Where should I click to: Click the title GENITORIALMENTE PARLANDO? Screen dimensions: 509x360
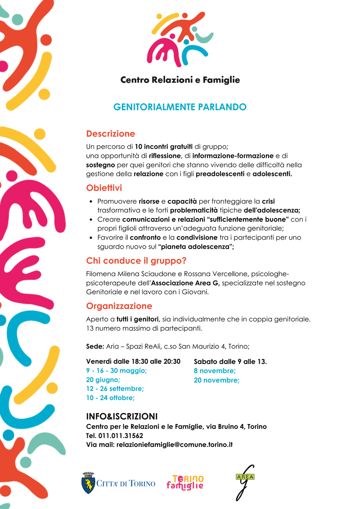tap(180, 107)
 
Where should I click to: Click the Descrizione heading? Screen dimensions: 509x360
tap(110, 134)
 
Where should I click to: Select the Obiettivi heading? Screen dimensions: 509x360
tap(104, 188)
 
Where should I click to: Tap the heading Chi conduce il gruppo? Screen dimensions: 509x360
tap(136, 261)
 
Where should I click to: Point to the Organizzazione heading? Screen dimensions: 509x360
tap(119, 306)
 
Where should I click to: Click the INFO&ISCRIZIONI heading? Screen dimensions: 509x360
tap(121, 416)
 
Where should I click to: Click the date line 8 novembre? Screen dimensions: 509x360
tap(215, 371)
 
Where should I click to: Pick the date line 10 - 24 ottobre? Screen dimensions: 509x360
tap(110, 397)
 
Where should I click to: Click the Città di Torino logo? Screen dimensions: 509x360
tap(118, 483)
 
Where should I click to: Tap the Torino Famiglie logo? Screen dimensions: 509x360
tap(185, 482)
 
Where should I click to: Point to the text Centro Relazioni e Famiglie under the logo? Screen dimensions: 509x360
tap(180, 80)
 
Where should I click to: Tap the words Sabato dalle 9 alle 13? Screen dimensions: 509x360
tap(230, 361)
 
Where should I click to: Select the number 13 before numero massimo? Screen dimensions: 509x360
tap(90, 328)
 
